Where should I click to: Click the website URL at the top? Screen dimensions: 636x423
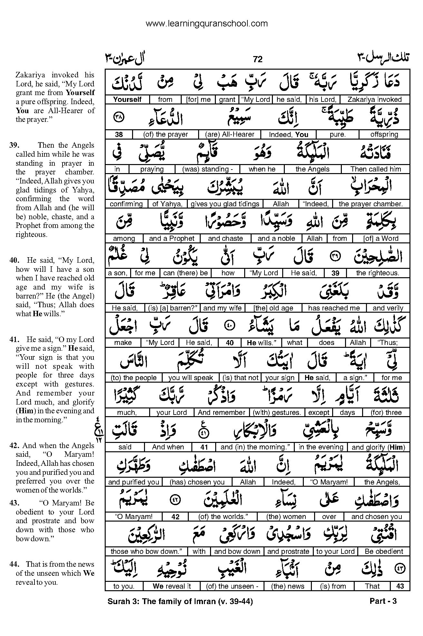pyautogui.click(x=207, y=24)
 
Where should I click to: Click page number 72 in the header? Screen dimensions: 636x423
pyautogui.click(x=258, y=59)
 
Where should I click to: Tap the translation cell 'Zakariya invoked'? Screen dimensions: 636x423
pyautogui.click(x=374, y=100)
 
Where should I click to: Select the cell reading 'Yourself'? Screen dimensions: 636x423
pyautogui.click(x=127, y=100)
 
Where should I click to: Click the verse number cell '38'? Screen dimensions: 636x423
pyautogui.click(x=118, y=134)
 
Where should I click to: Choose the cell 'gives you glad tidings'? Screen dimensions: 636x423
pyautogui.click(x=225, y=204)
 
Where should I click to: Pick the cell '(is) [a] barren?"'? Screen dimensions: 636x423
pyautogui.click(x=172, y=308)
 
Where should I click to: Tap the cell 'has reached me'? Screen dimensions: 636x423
pyautogui.click(x=334, y=308)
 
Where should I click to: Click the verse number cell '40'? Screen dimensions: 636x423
pyautogui.click(x=230, y=343)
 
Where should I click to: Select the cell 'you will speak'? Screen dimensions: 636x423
pyautogui.click(x=190, y=378)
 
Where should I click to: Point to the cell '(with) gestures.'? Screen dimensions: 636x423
pyautogui.click(x=277, y=413)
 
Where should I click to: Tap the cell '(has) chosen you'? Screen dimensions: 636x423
pyautogui.click(x=197, y=482)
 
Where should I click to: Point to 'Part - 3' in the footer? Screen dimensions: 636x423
pyautogui.click(x=383, y=601)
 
